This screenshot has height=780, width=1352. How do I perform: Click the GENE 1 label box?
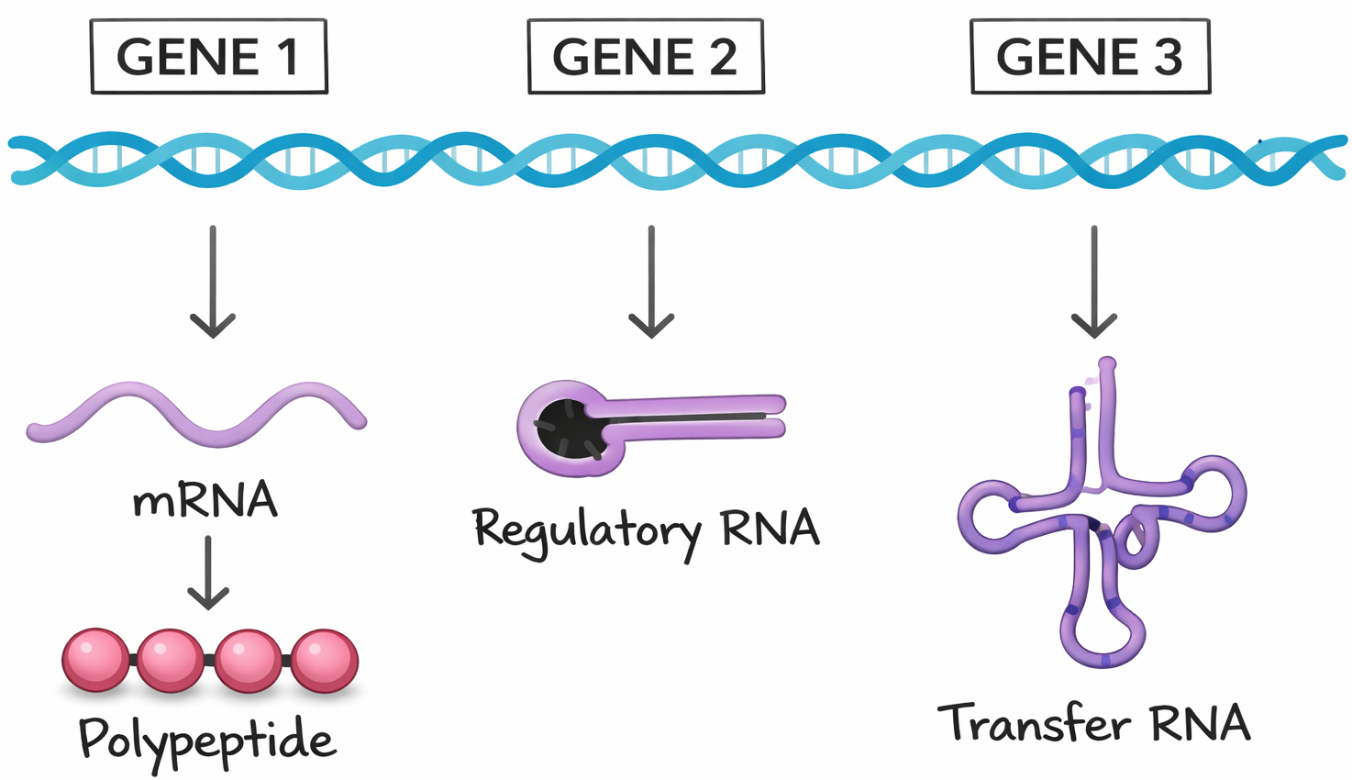209,57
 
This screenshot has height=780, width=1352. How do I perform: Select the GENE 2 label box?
646,57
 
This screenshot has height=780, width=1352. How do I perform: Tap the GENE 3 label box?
1090,57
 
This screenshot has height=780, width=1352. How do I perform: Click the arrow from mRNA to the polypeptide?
208,574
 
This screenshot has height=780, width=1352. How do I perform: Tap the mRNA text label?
205,500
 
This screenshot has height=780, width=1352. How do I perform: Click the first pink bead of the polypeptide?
95,660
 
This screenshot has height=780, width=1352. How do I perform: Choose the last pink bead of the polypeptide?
325,660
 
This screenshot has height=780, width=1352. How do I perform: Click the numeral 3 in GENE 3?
1168,57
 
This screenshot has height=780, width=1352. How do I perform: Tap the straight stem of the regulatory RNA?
697,416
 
